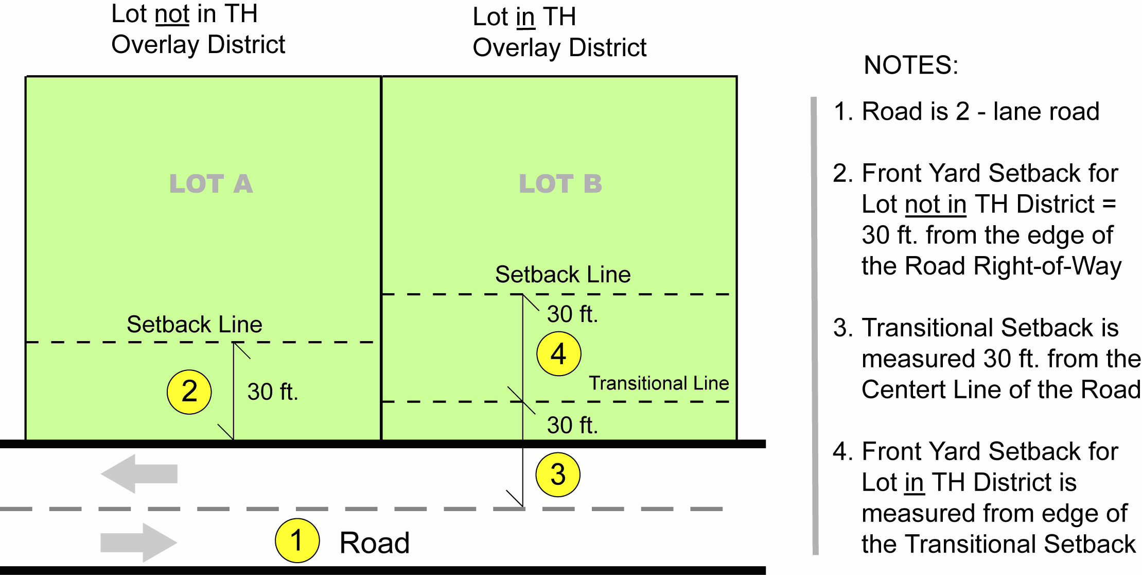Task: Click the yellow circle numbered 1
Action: coord(297,540)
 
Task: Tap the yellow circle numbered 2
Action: coord(189,392)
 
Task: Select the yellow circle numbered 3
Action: coord(558,475)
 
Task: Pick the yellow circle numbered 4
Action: coord(558,354)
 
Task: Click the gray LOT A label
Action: coord(211,184)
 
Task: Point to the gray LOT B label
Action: coord(560,184)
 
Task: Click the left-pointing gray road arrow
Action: coord(139,473)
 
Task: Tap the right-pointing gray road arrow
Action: coord(139,543)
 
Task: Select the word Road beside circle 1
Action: coord(374,543)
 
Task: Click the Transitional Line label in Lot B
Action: coord(659,383)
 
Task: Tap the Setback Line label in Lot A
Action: coord(195,325)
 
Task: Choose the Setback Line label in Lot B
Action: coord(563,275)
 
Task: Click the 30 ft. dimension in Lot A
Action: coord(272,392)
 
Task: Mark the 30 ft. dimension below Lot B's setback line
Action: coord(572,314)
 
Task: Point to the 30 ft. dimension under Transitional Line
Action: coord(572,426)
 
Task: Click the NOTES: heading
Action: coord(911,65)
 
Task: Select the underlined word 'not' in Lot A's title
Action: coord(172,14)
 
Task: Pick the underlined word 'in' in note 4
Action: coord(914,483)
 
